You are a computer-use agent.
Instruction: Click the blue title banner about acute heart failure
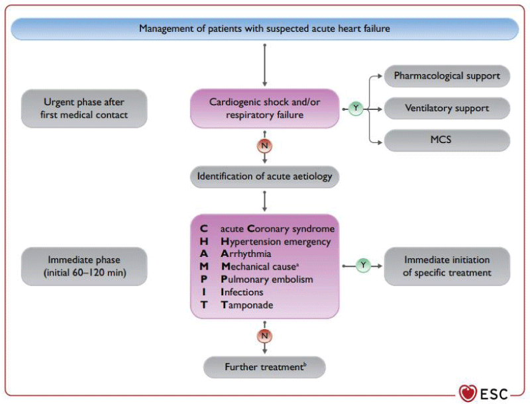click(264, 28)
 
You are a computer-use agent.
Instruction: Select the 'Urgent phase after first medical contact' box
click(84, 109)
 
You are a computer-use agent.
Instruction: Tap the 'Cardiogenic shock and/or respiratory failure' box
click(264, 109)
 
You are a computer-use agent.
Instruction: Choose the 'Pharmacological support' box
click(447, 76)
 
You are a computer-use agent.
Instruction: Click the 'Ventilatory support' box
click(447, 109)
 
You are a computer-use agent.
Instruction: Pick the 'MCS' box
click(447, 140)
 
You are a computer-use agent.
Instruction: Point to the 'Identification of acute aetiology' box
click(264, 177)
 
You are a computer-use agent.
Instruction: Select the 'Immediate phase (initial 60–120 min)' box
click(84, 266)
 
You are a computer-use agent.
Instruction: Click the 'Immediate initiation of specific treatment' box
click(447, 266)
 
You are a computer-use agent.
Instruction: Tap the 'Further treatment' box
click(264, 367)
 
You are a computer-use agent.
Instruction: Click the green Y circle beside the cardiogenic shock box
click(356, 109)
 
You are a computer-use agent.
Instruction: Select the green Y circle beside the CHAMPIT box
click(363, 266)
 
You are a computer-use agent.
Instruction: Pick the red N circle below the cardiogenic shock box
click(264, 146)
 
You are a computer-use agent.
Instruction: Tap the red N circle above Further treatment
click(264, 336)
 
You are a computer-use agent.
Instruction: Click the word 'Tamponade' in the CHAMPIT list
click(247, 305)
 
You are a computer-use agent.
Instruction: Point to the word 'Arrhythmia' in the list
click(246, 254)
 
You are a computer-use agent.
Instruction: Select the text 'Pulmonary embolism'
click(267, 279)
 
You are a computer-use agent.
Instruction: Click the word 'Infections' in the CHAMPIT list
click(242, 292)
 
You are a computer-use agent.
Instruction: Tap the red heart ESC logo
click(468, 393)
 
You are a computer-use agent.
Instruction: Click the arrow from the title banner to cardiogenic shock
click(264, 65)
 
